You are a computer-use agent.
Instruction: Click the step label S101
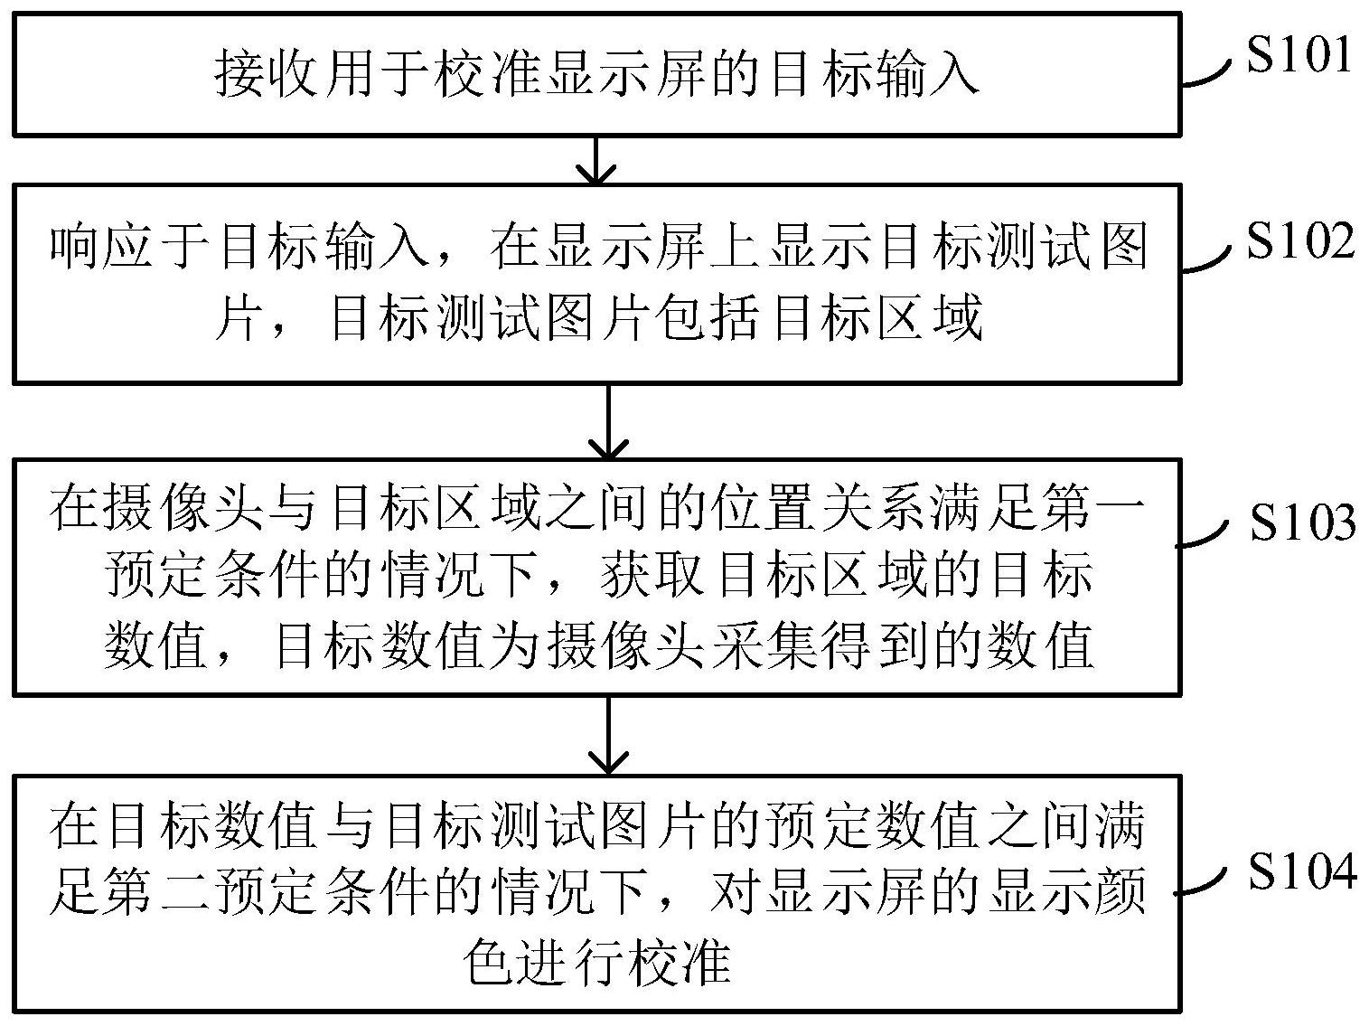[1299, 53]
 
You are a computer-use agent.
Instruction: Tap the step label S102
[1299, 240]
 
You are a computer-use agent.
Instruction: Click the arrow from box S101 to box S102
[596, 160]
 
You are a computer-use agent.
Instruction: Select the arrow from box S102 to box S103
[608, 422]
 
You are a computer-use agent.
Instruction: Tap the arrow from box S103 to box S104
[608, 735]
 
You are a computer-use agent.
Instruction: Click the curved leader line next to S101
[1207, 76]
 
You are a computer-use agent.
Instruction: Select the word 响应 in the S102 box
[101, 247]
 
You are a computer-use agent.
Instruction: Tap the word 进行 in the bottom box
[569, 962]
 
